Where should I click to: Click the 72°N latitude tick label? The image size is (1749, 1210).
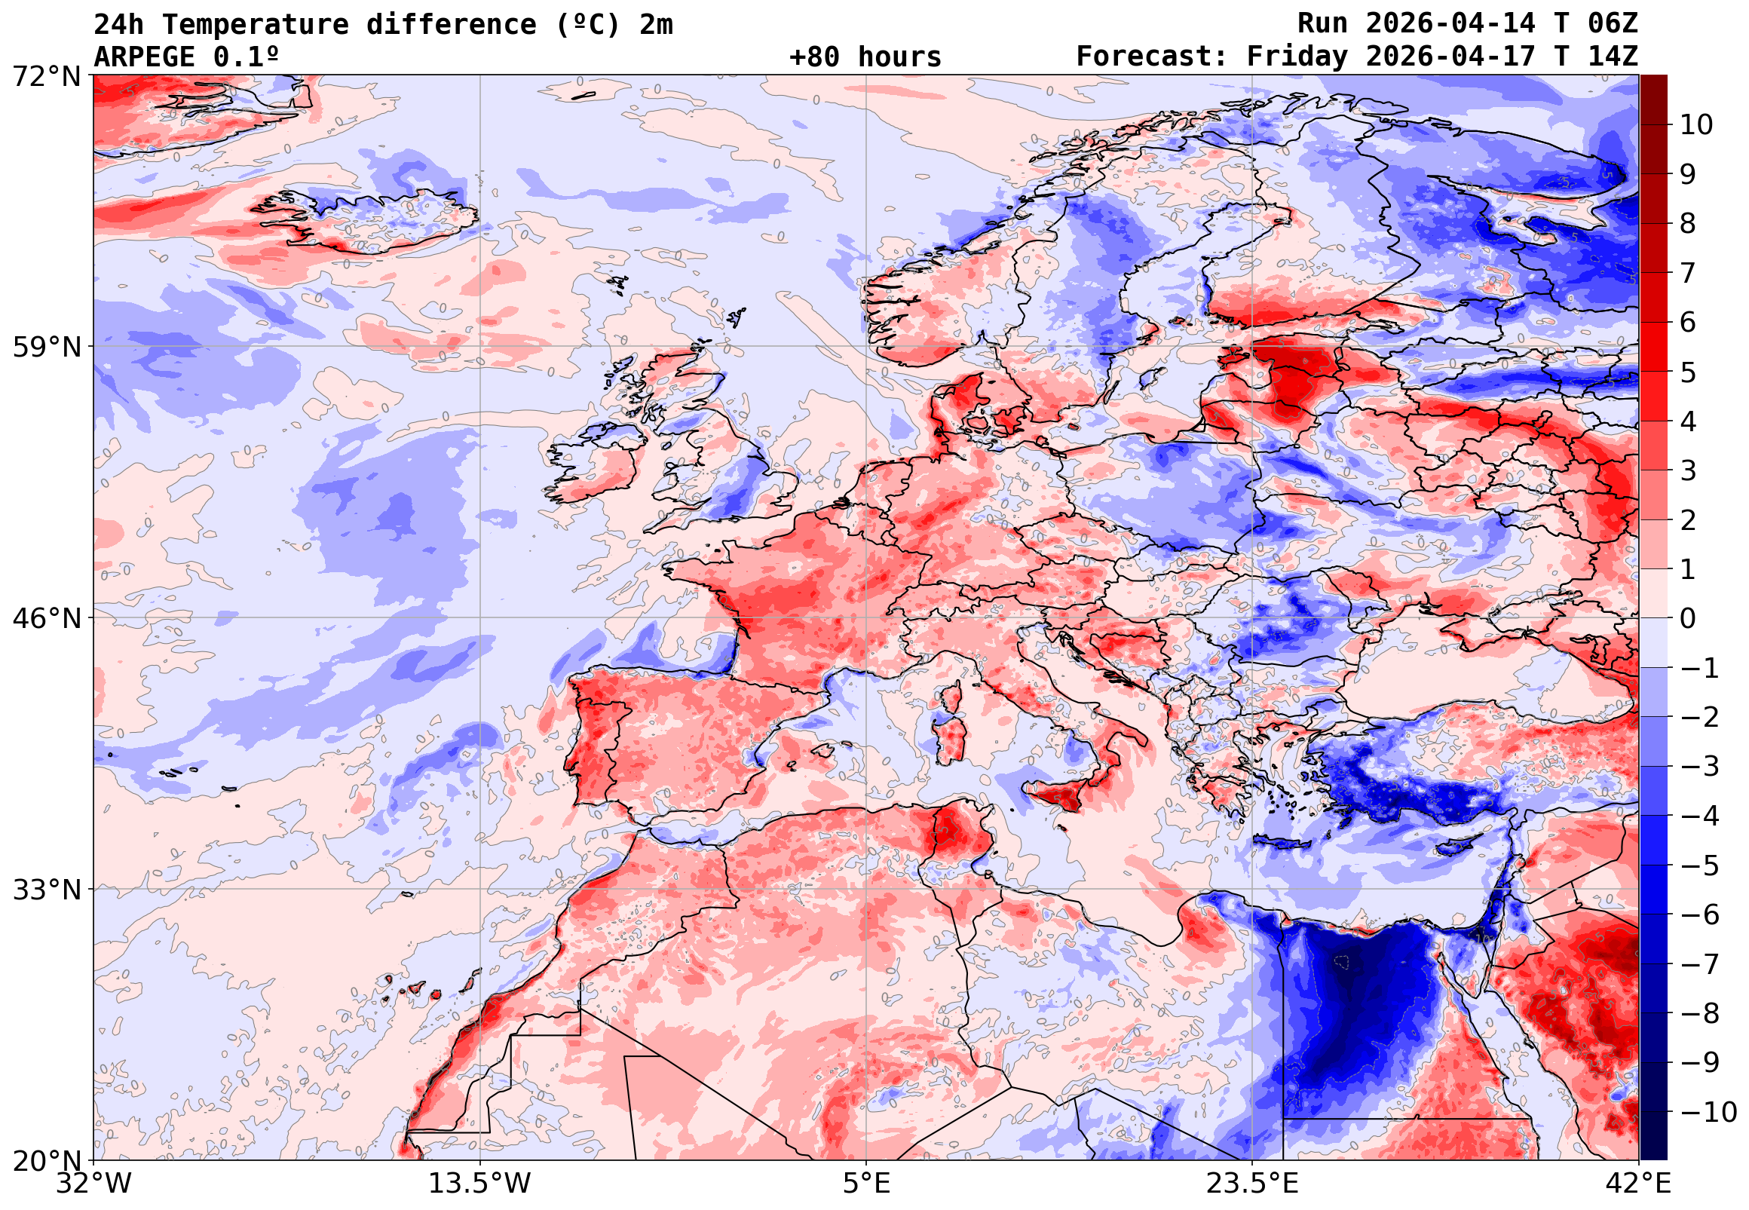point(46,76)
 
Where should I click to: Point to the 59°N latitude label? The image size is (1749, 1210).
point(46,348)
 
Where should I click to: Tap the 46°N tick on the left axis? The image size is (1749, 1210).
point(46,619)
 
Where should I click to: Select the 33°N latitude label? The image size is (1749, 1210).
point(46,890)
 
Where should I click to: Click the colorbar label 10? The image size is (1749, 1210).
point(1696,125)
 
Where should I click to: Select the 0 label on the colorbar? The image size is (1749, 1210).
point(1688,619)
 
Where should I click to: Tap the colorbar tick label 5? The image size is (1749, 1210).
point(1688,372)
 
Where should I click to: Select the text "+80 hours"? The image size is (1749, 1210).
point(865,57)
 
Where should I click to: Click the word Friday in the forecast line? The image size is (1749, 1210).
point(1297,57)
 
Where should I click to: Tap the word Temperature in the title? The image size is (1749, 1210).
point(256,25)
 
